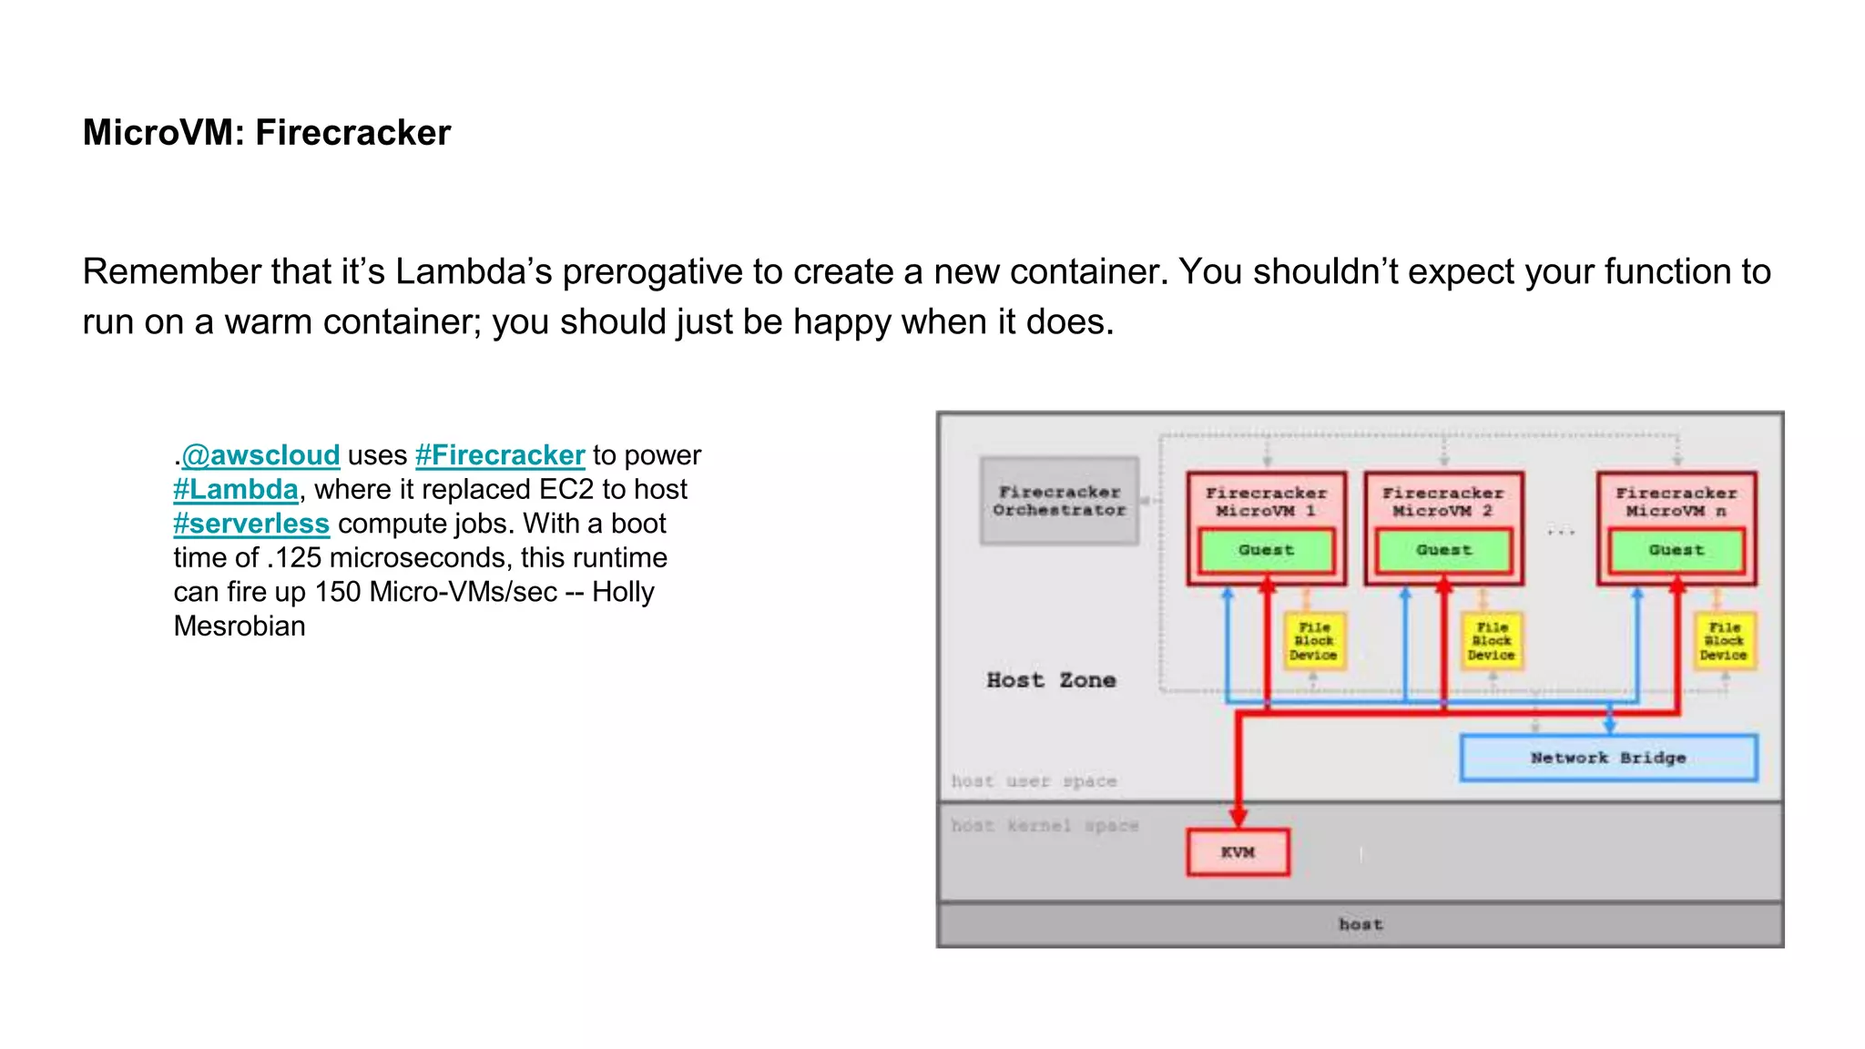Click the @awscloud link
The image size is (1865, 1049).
tap(260, 455)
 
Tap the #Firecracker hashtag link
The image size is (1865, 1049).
tap(500, 455)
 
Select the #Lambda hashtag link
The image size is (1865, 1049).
tap(236, 490)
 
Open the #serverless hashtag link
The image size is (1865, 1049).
tap(251, 524)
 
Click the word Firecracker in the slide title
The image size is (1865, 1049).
tap(353, 133)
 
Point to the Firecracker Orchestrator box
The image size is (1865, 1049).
tap(1059, 501)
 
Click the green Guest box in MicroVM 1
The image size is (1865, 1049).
tap(1266, 550)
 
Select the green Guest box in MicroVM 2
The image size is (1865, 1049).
tap(1443, 550)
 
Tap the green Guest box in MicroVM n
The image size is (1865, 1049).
tap(1676, 550)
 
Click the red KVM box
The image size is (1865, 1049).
tap(1238, 852)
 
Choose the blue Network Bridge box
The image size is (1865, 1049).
tap(1608, 758)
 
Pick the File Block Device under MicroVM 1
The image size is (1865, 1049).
tap(1313, 641)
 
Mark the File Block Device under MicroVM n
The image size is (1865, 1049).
tap(1724, 641)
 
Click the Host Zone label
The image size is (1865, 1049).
tap(1051, 680)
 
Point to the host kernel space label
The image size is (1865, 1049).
tap(1045, 826)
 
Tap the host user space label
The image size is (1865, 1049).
tap(1034, 781)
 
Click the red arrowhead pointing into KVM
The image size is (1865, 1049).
tap(1238, 817)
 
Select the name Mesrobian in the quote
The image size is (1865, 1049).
tap(239, 626)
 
